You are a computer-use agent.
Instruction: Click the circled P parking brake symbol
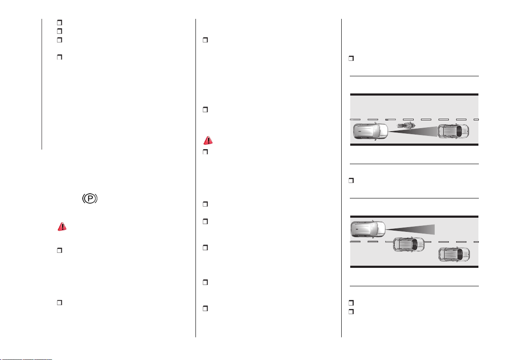coord(90,198)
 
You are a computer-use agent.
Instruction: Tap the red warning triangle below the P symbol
coord(62,226)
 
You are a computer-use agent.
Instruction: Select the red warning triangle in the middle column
coord(208,141)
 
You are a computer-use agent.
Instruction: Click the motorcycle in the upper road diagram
coord(406,125)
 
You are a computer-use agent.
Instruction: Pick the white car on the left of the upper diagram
coord(371,131)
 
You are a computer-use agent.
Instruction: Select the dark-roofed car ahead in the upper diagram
coord(453,131)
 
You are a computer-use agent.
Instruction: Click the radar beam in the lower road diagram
coord(410,230)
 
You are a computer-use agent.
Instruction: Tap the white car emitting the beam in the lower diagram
coord(368,229)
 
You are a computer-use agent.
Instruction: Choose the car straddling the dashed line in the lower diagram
coord(409,244)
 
